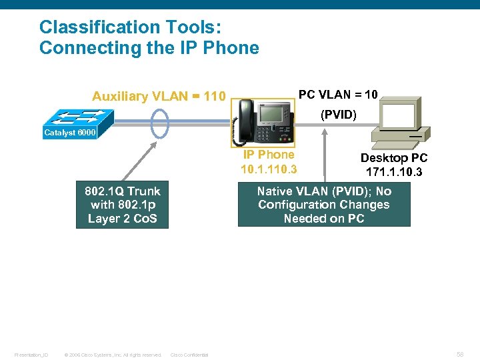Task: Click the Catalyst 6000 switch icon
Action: (x=70, y=119)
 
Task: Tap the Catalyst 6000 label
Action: (x=69, y=133)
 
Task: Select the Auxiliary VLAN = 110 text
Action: (x=159, y=97)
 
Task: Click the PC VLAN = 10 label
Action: (x=338, y=95)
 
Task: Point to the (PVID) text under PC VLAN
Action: (x=339, y=115)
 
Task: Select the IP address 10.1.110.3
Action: (x=269, y=169)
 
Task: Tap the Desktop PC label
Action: (x=393, y=158)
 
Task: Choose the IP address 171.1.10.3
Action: (x=393, y=172)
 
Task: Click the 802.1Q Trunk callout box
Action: (x=122, y=205)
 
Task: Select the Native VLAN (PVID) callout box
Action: (x=324, y=205)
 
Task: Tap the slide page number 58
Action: (x=461, y=355)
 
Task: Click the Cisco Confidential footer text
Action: (x=190, y=355)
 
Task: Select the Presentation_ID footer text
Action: (x=31, y=355)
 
